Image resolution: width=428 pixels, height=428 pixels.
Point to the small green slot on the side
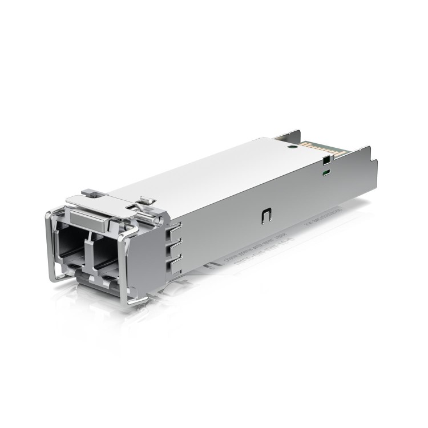[x=325, y=171]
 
